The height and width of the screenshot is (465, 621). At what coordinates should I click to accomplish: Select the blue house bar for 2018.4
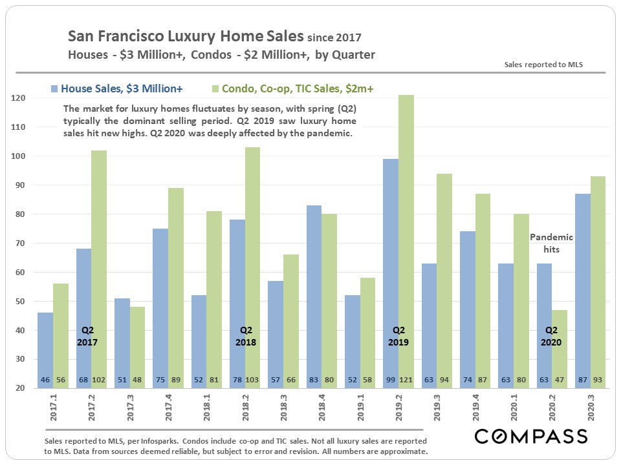pyautogui.click(x=312, y=291)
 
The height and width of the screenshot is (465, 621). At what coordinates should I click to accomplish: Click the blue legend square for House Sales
pyautogui.click(x=54, y=88)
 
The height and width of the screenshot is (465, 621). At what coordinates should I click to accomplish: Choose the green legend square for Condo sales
pyautogui.click(x=215, y=88)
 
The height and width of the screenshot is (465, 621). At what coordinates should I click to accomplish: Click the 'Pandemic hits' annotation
pyautogui.click(x=551, y=243)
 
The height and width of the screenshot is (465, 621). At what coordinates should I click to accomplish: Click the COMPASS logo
pyautogui.click(x=531, y=436)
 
